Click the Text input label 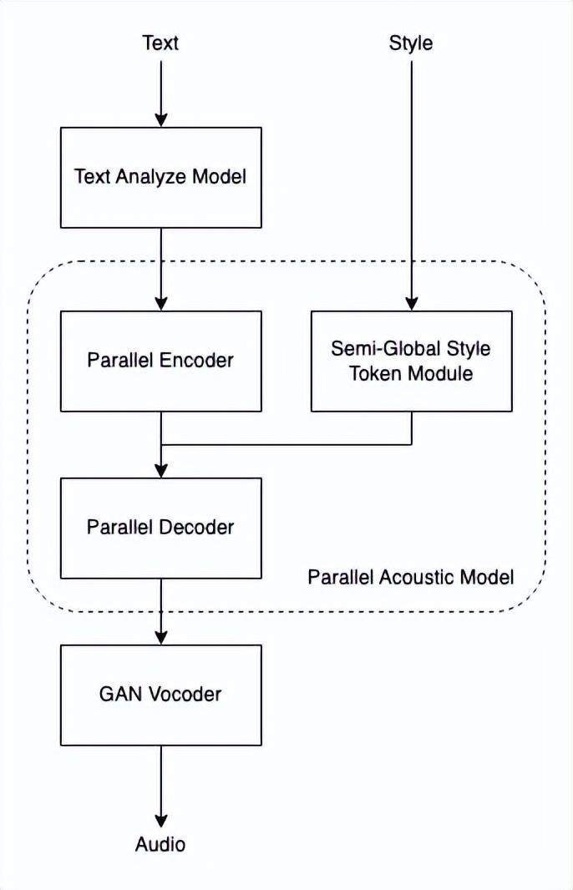(x=160, y=43)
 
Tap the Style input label (x=411, y=43)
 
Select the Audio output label (x=160, y=844)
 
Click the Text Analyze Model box (x=161, y=178)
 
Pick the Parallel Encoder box (x=161, y=361)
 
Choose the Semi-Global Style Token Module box (x=412, y=361)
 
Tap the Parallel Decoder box (x=161, y=528)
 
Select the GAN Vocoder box (x=161, y=695)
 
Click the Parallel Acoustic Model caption (x=411, y=577)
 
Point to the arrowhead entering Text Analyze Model (x=161, y=119)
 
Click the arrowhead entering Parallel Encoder (x=161, y=303)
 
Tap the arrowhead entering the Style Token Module (x=412, y=303)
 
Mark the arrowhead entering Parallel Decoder (x=161, y=470)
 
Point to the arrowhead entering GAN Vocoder (x=161, y=637)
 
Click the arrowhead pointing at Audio (x=161, y=821)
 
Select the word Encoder (x=196, y=360)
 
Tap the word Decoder (x=196, y=527)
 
